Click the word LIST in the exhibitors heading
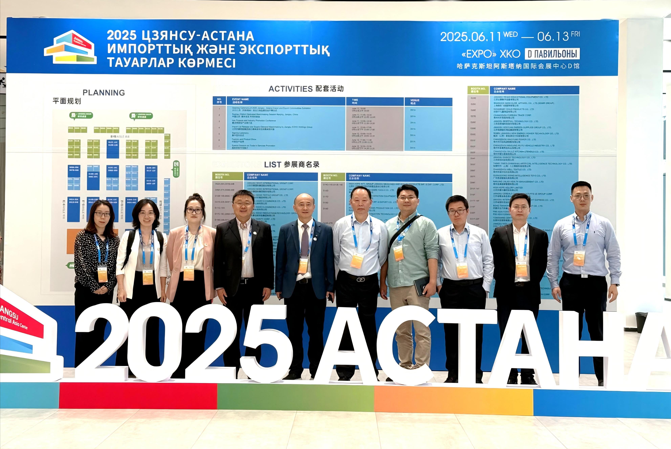[x=273, y=165]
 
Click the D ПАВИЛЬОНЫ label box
[x=552, y=54]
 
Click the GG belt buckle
[x=361, y=279]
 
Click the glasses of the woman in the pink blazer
[x=194, y=211]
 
